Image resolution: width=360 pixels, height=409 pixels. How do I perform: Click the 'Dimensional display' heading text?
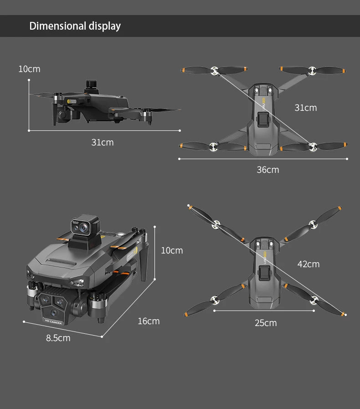(x=75, y=26)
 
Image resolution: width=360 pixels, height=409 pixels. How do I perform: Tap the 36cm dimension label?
(x=268, y=170)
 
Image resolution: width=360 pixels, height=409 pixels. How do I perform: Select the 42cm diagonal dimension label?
(x=309, y=264)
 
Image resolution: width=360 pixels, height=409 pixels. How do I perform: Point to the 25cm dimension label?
(x=266, y=323)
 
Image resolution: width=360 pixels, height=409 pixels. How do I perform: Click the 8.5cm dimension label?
(x=58, y=338)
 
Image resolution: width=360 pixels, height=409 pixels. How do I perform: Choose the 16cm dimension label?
(x=149, y=321)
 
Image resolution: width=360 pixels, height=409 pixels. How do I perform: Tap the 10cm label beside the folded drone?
(x=172, y=250)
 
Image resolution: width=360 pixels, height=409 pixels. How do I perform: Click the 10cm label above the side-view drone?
(x=29, y=69)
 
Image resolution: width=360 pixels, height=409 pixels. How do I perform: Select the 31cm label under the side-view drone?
(x=103, y=142)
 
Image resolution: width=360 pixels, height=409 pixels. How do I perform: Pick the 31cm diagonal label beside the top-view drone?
(x=305, y=108)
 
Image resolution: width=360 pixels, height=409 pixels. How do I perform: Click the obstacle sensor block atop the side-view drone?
(x=92, y=85)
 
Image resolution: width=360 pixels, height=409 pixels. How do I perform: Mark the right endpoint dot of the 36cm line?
(x=347, y=159)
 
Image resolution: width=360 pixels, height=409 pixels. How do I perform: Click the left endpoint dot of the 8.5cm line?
(x=24, y=321)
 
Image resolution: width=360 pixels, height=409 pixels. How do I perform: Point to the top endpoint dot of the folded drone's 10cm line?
(x=155, y=226)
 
